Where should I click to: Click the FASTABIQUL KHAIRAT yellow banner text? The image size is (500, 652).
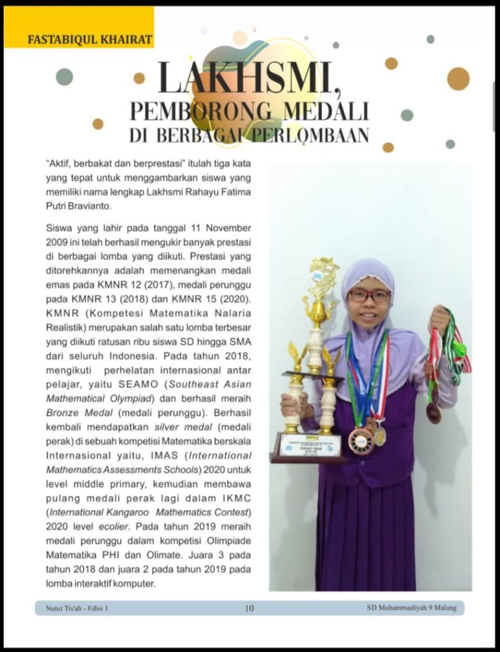[x=90, y=39]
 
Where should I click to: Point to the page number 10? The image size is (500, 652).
[x=249, y=609]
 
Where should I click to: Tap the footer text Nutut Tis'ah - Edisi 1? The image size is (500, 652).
[x=77, y=609]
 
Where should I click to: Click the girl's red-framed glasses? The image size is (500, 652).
[x=369, y=295]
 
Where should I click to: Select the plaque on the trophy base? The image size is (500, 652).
[x=310, y=444]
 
